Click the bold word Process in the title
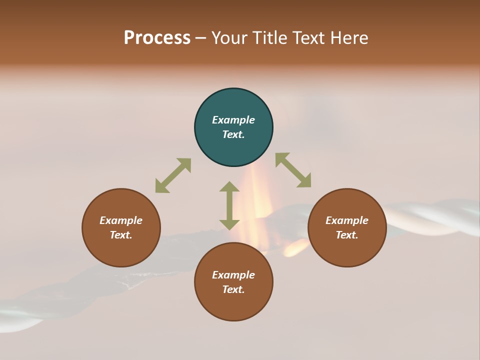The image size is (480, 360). tap(157, 38)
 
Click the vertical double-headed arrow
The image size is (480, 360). tap(229, 205)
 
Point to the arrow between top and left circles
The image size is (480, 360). tap(173, 175)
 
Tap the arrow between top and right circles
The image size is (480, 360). tap(293, 170)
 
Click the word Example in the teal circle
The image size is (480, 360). tap(233, 120)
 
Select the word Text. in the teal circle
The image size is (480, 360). tap(233, 134)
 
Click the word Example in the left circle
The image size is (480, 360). tap(121, 220)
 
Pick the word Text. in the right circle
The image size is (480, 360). tap(347, 235)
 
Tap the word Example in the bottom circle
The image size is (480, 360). tap(233, 275)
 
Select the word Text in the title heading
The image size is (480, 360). tap(307, 38)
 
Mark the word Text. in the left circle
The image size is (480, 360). tap(121, 235)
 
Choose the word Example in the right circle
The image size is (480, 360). tap(347, 220)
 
